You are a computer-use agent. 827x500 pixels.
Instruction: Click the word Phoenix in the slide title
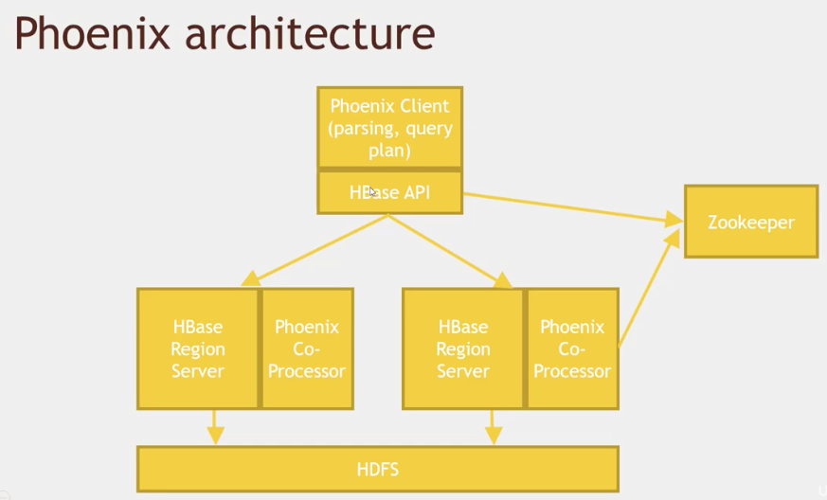click(92, 33)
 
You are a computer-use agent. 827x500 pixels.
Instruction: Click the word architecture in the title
click(310, 33)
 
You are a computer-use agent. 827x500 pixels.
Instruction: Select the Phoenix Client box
click(389, 127)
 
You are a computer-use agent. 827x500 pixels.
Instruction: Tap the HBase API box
click(389, 192)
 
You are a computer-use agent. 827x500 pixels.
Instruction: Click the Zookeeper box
click(751, 222)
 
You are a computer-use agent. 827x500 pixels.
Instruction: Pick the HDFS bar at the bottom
click(378, 469)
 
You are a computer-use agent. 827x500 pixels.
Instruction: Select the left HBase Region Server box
click(198, 348)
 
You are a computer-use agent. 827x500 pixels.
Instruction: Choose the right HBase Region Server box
click(463, 348)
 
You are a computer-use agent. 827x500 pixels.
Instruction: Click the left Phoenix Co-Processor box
click(307, 348)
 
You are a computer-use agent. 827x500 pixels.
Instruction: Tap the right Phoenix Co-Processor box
click(572, 348)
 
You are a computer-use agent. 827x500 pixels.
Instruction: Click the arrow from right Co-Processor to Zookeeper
click(649, 288)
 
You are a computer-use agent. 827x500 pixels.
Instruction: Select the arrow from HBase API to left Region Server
click(315, 251)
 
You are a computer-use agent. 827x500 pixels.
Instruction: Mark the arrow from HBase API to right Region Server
click(450, 251)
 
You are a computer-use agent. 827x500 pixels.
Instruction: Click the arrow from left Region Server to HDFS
click(215, 427)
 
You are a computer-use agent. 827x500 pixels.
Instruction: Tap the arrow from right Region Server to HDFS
click(493, 427)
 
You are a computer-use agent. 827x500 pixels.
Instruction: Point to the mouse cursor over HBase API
click(372, 192)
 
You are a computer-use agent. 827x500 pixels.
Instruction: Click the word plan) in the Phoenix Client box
click(389, 151)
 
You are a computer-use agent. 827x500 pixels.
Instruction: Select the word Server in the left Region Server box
click(198, 371)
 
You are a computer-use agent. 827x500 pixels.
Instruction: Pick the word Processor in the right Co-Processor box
click(572, 371)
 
